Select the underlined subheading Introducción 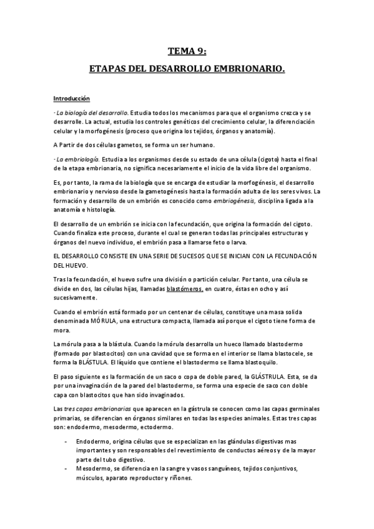coord(71,99)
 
